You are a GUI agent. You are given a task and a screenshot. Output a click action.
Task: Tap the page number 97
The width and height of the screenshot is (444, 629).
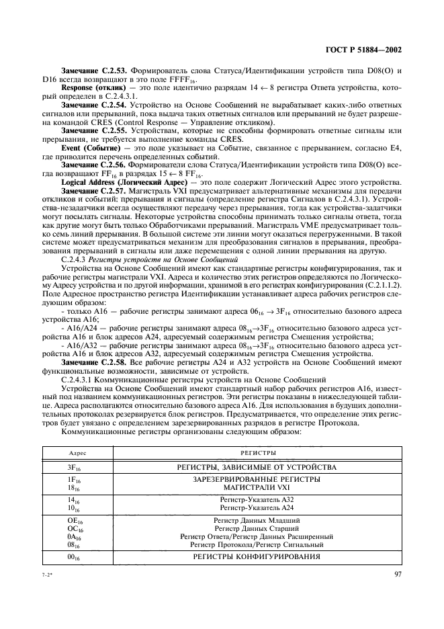(396, 574)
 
